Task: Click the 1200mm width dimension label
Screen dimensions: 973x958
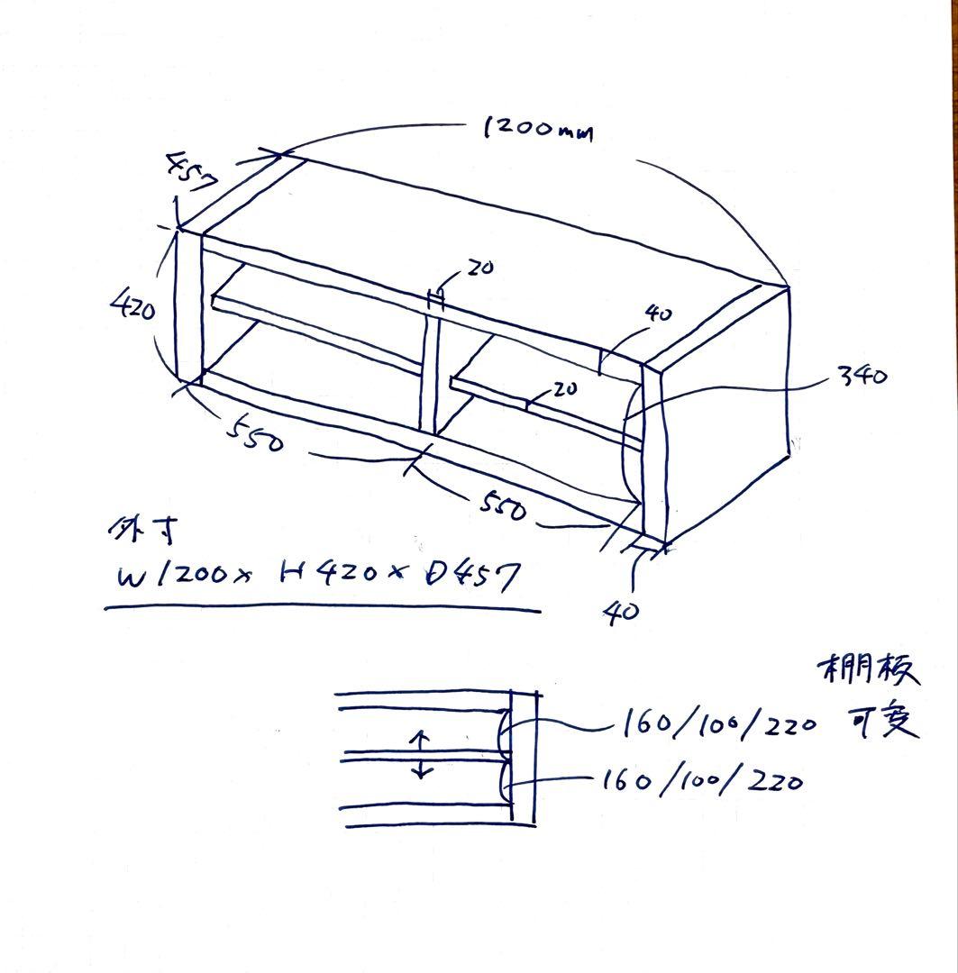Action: pyautogui.click(x=538, y=130)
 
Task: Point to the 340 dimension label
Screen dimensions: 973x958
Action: pyautogui.click(x=862, y=375)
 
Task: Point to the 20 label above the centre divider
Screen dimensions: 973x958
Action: pyautogui.click(x=479, y=268)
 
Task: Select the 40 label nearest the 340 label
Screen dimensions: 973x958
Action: pyautogui.click(x=659, y=314)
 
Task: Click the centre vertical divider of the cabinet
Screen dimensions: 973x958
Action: pyautogui.click(x=428, y=369)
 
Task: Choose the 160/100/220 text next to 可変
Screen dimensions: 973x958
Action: pyautogui.click(x=718, y=724)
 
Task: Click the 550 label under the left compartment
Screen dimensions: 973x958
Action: pyautogui.click(x=256, y=435)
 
